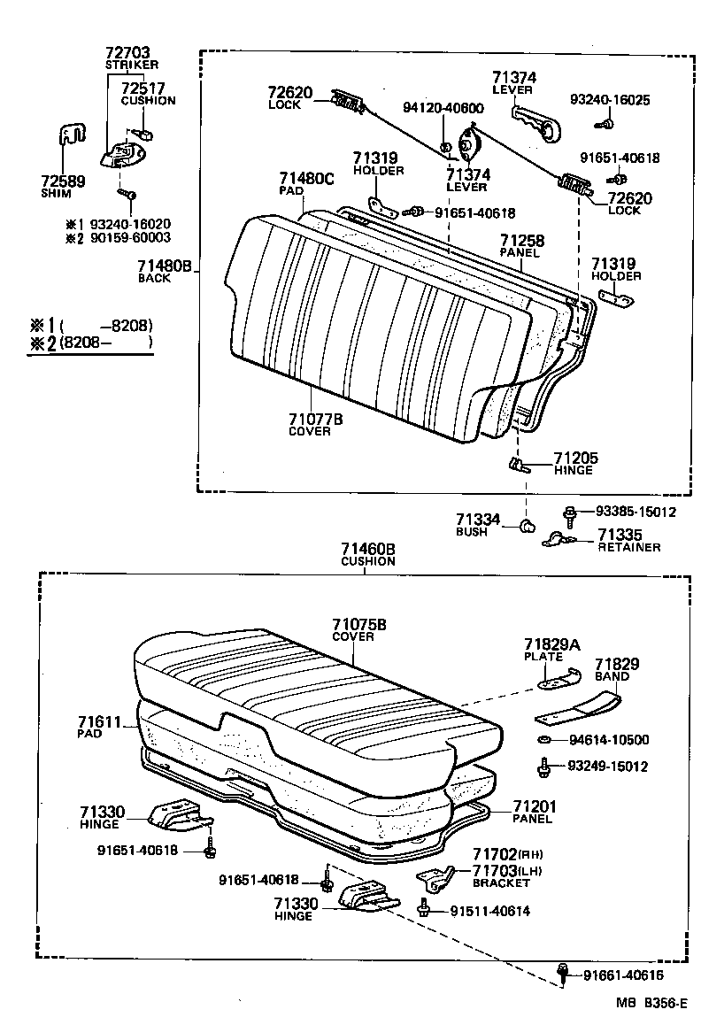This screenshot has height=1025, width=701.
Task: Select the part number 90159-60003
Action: pos(130,238)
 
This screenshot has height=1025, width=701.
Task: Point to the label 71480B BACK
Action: pos(165,270)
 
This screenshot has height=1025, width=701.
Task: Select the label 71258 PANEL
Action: pos(521,245)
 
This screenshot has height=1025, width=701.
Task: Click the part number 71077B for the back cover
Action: pos(316,420)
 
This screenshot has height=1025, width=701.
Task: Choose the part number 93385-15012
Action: pos(635,512)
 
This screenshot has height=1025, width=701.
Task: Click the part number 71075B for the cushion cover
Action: pos(358,625)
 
